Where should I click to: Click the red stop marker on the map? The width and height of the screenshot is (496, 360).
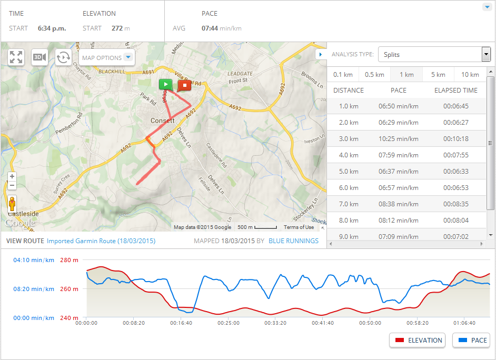[184, 85]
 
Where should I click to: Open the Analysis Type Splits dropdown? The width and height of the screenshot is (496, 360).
[434, 54]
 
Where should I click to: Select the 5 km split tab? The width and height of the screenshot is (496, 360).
[438, 75]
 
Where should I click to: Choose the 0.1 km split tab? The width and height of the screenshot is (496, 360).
[343, 75]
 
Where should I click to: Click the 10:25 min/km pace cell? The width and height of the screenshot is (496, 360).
[399, 139]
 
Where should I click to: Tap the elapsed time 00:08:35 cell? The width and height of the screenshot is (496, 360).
[455, 204]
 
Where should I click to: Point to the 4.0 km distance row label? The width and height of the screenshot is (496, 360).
[349, 155]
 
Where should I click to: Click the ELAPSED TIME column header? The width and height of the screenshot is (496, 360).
[456, 90]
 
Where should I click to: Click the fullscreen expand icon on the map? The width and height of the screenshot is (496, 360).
[16, 57]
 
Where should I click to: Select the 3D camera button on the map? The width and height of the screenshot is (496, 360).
[39, 57]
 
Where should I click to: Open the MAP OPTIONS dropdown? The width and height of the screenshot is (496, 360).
[107, 58]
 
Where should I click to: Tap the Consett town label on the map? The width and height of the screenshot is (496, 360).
[162, 121]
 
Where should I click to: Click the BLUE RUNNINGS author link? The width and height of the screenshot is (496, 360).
[293, 241]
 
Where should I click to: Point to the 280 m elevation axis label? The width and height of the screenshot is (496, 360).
[69, 260]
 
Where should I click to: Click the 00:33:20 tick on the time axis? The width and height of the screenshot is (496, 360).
[275, 323]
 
